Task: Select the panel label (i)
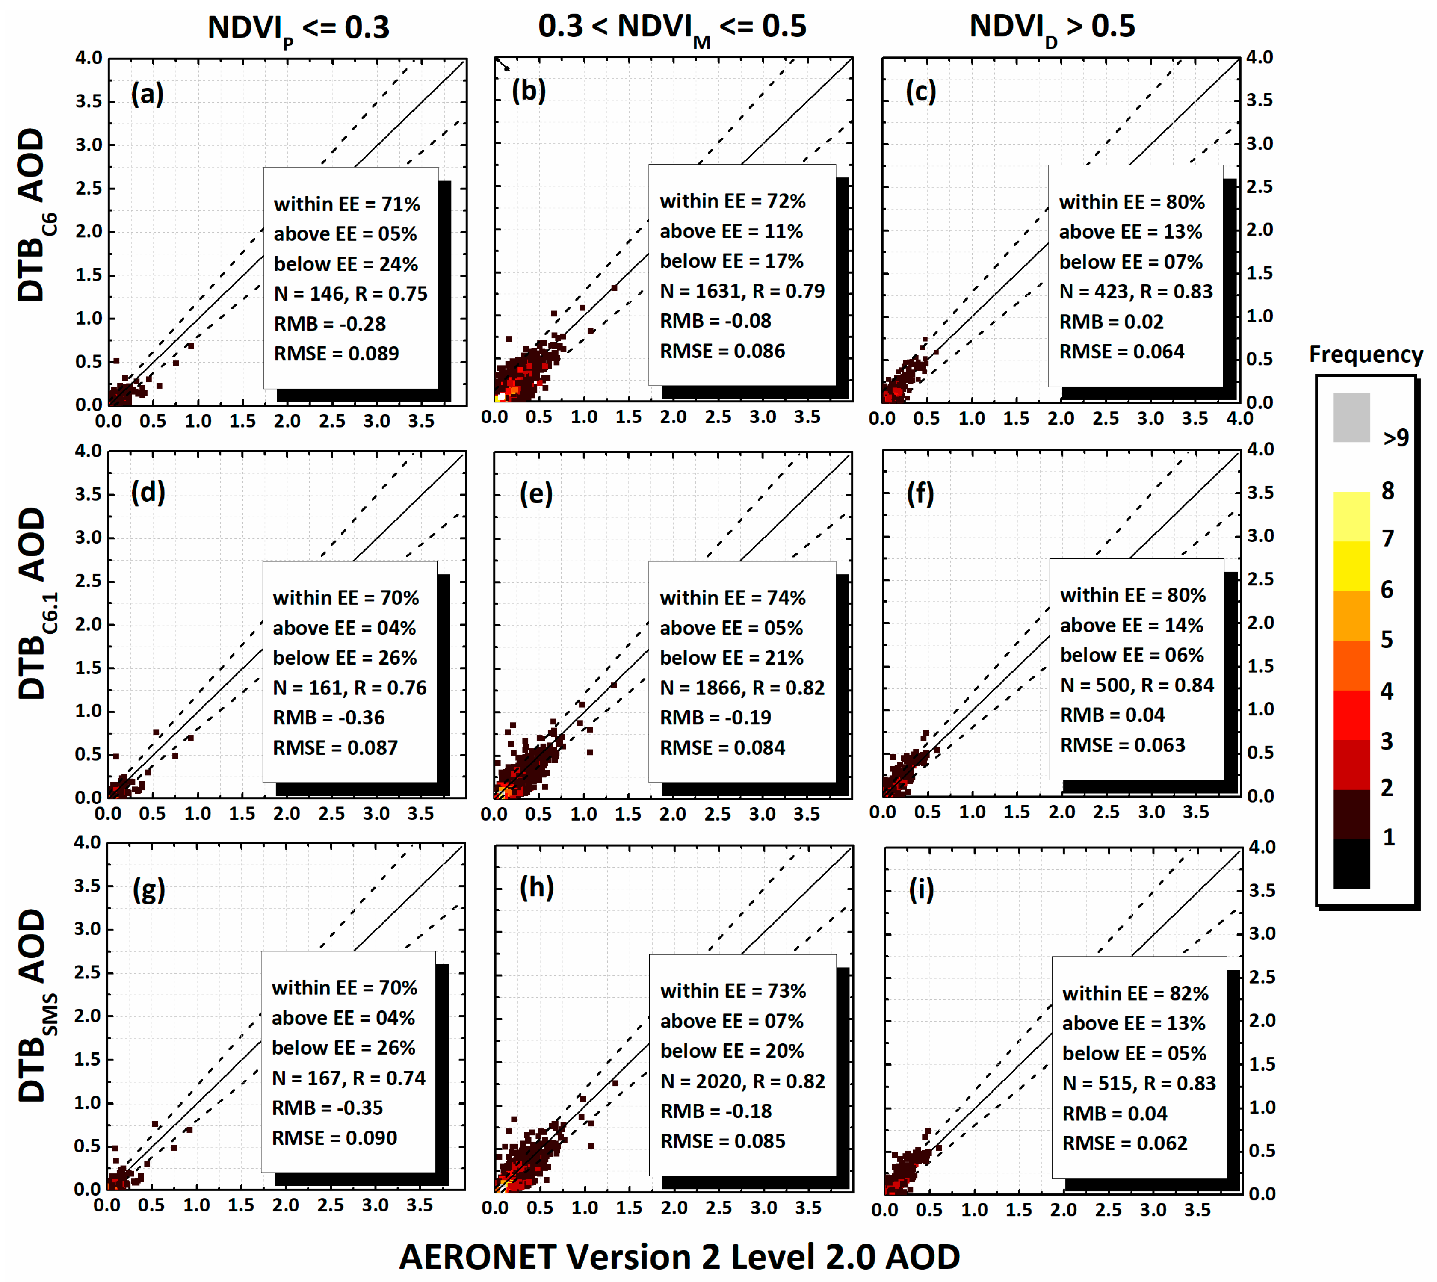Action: click(x=921, y=889)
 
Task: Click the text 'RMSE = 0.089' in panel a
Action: click(x=336, y=354)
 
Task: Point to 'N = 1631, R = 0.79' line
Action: click(x=742, y=291)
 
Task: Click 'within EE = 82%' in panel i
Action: click(x=1135, y=993)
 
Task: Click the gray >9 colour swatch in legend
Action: click(x=1351, y=418)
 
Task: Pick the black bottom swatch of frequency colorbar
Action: click(x=1351, y=864)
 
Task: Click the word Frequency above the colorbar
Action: click(x=1365, y=354)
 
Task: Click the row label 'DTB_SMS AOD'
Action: click(x=34, y=1006)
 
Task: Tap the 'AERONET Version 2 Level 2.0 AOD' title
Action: click(x=679, y=1256)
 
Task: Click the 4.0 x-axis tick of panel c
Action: click(x=1240, y=418)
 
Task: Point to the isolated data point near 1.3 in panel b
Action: click(x=614, y=288)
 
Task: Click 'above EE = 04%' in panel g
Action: click(x=343, y=1018)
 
